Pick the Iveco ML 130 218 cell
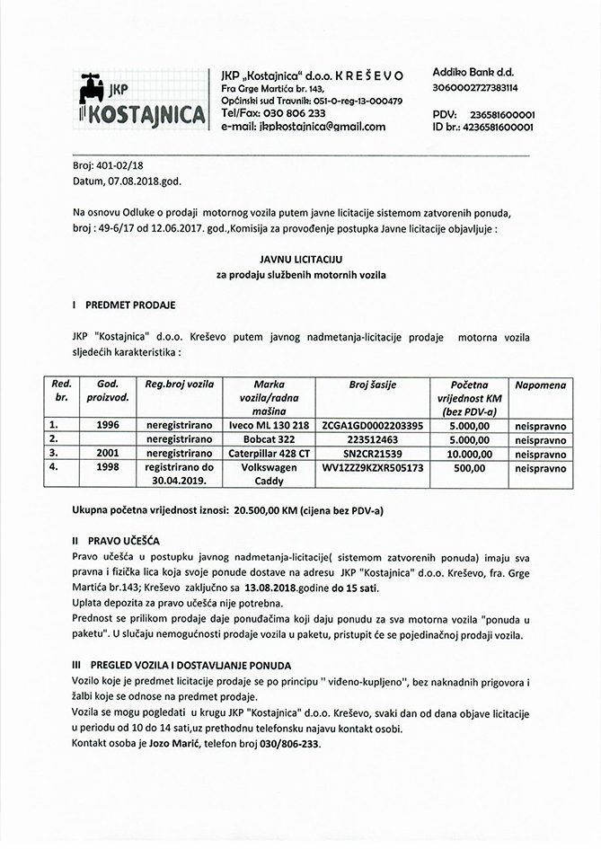tap(269, 423)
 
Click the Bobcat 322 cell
tap(269, 438)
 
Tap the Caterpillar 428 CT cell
tap(269, 454)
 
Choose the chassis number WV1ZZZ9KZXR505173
tap(372, 468)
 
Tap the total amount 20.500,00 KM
tap(273, 509)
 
